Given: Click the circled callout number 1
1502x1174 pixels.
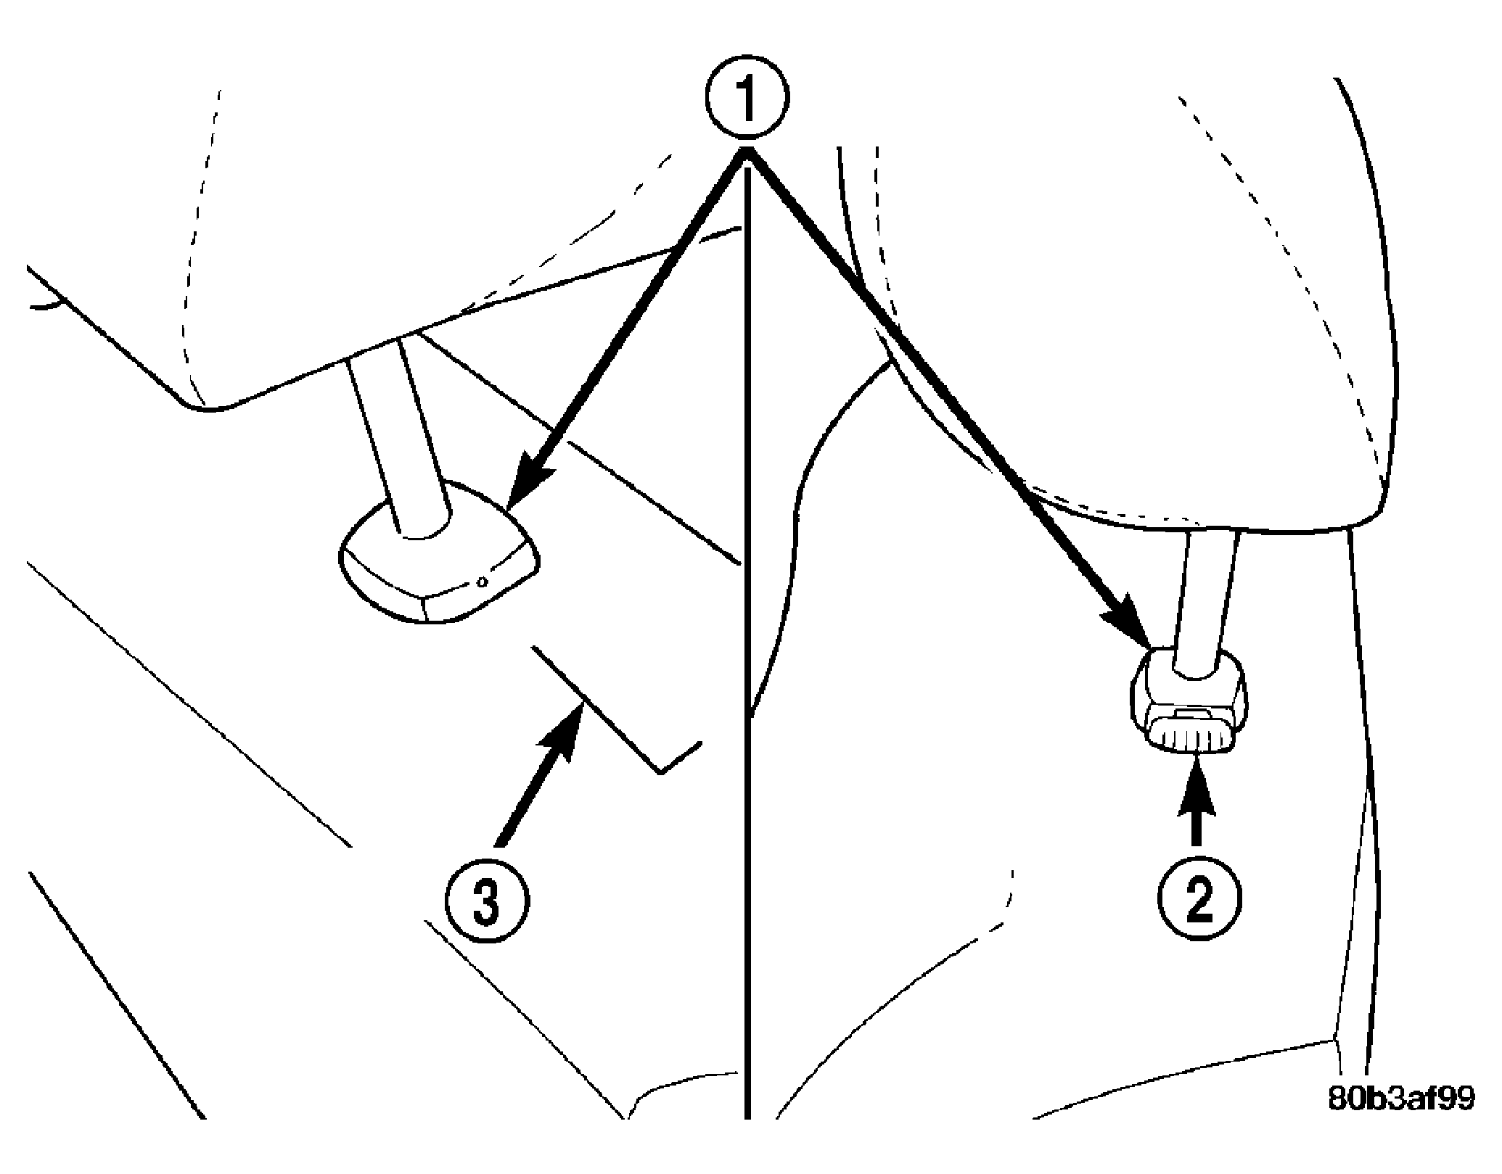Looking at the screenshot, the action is point(747,96).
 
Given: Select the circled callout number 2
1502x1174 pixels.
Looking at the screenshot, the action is point(1199,901).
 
